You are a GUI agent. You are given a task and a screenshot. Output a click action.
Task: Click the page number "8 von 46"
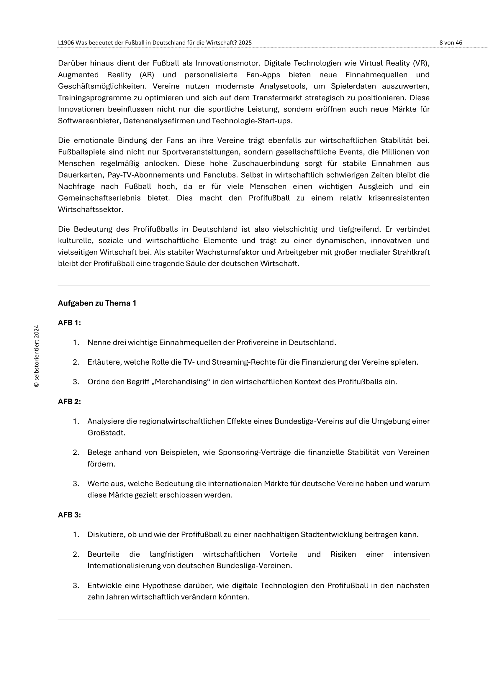(x=451, y=43)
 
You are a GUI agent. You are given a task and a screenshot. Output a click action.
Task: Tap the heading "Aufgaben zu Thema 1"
(x=97, y=303)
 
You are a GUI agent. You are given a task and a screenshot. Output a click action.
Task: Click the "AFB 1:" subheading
(x=69, y=323)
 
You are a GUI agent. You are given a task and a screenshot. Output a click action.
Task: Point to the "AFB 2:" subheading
(x=69, y=401)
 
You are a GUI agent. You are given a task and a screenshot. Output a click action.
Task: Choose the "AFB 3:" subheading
(x=69, y=515)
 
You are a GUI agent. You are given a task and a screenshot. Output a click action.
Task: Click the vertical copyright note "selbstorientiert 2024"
(x=37, y=356)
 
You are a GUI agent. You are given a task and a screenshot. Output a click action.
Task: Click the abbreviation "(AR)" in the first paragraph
(x=147, y=75)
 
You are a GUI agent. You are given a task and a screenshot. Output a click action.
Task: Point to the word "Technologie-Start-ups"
(x=251, y=121)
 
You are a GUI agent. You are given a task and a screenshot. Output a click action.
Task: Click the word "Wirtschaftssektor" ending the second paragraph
(x=90, y=209)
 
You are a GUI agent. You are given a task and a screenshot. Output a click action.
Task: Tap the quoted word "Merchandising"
(x=182, y=382)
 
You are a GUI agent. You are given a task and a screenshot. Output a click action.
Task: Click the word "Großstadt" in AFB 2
(x=106, y=433)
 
